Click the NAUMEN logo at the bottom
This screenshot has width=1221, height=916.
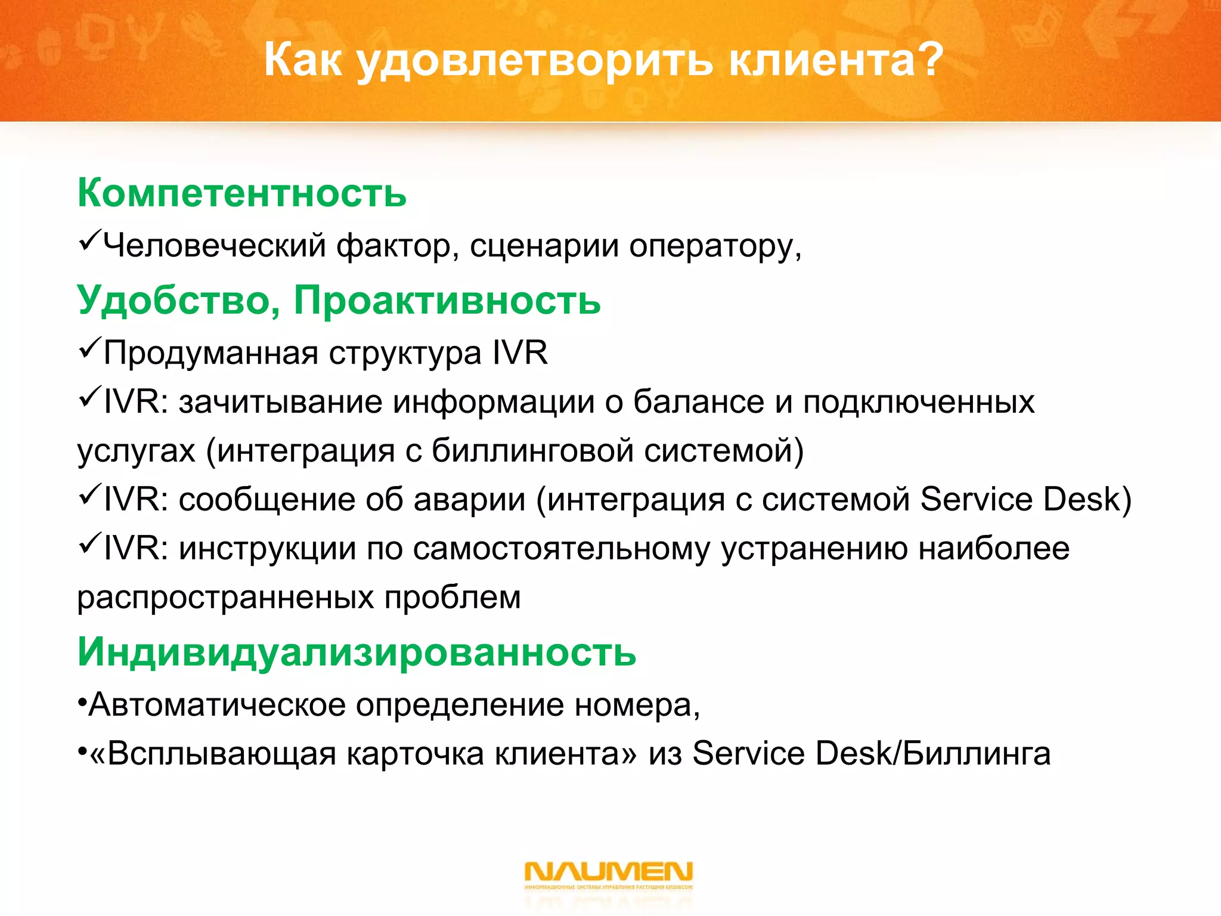(x=608, y=874)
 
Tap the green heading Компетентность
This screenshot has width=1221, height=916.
(x=242, y=193)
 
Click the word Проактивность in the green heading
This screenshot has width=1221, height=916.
(x=447, y=299)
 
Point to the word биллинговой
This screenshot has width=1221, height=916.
(x=532, y=451)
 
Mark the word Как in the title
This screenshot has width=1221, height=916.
(x=303, y=60)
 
